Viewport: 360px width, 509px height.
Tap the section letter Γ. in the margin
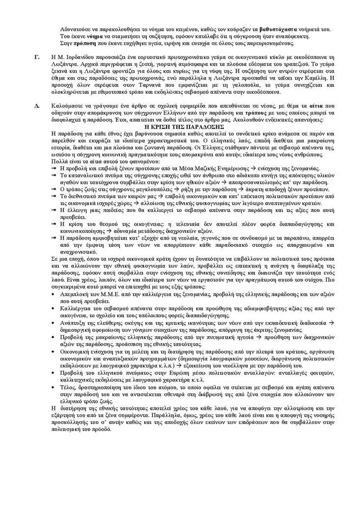click(37, 57)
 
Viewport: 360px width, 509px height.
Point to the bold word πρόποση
click(80, 43)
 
